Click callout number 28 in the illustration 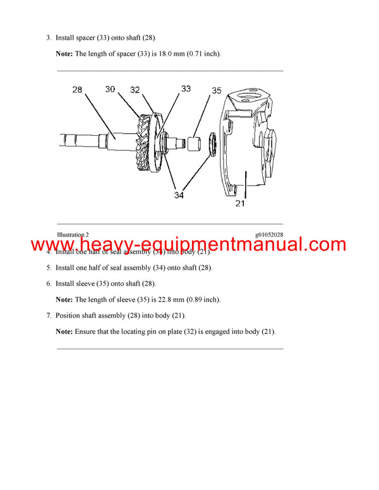point(77,90)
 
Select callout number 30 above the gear point(110,90)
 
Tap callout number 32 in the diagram point(135,90)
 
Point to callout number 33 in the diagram point(186,89)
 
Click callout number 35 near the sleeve point(216,91)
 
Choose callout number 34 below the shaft point(179,196)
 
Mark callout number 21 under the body point(239,203)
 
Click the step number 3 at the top point(49,38)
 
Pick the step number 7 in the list point(49,315)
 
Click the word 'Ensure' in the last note point(87,332)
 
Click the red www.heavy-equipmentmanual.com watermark point(189,244)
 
